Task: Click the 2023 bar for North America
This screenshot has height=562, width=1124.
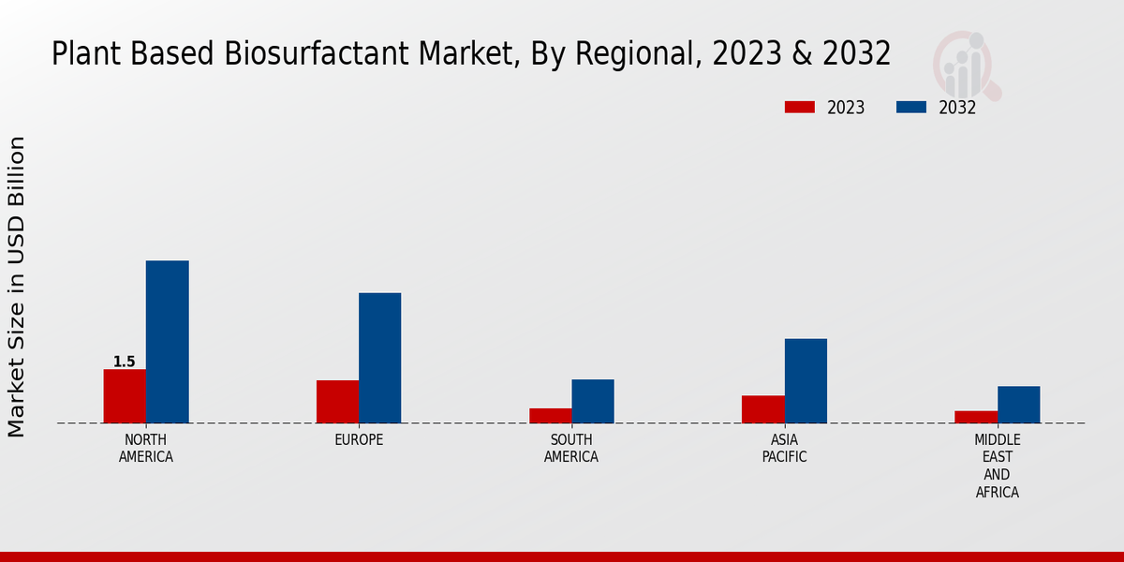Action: [x=125, y=395]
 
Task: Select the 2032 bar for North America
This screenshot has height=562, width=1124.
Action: [x=167, y=342]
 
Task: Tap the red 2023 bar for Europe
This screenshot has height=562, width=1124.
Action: [x=337, y=401]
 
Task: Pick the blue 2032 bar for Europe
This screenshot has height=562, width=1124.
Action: [x=379, y=358]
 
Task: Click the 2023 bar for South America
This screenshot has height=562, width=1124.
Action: [x=550, y=415]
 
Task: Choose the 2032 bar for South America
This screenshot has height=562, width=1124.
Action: [x=593, y=401]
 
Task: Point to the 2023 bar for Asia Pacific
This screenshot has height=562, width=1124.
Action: [x=762, y=408]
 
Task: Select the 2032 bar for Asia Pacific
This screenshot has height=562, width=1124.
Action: [x=806, y=380]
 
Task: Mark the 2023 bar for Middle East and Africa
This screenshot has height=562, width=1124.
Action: [x=976, y=417]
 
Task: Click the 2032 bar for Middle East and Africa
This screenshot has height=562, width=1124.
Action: [x=1018, y=404]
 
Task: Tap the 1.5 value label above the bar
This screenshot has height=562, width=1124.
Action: [x=125, y=362]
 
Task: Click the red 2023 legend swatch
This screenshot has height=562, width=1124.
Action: [x=799, y=107]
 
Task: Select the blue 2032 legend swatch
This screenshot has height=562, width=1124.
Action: [x=910, y=107]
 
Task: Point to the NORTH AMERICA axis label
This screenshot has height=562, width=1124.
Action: [x=146, y=448]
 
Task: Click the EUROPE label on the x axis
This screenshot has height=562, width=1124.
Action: [x=359, y=439]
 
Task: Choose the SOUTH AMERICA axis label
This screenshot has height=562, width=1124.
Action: [x=571, y=448]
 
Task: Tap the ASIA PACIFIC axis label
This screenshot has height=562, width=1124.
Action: [x=784, y=448]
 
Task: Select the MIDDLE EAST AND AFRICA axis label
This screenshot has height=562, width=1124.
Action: [x=997, y=466]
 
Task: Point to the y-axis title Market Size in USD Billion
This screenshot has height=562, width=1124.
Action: [x=17, y=286]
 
